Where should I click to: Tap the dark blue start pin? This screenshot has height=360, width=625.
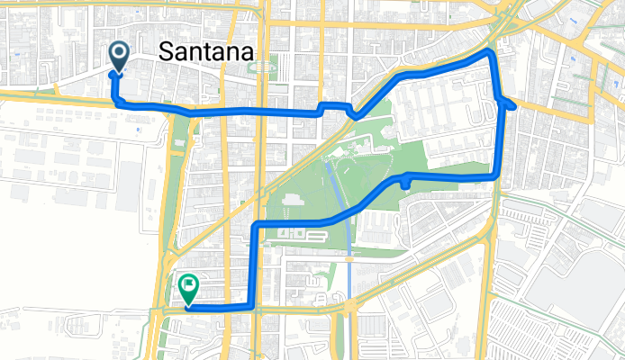(x=118, y=57)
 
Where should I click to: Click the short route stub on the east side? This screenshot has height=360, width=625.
(x=509, y=104)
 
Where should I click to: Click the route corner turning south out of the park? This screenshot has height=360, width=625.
(x=258, y=223)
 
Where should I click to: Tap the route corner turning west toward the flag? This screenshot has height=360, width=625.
(x=253, y=306)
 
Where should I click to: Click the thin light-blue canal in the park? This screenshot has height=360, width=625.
(x=339, y=193)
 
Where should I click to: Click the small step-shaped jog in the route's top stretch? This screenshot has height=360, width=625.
(x=322, y=107)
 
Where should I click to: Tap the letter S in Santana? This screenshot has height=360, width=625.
(x=165, y=53)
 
